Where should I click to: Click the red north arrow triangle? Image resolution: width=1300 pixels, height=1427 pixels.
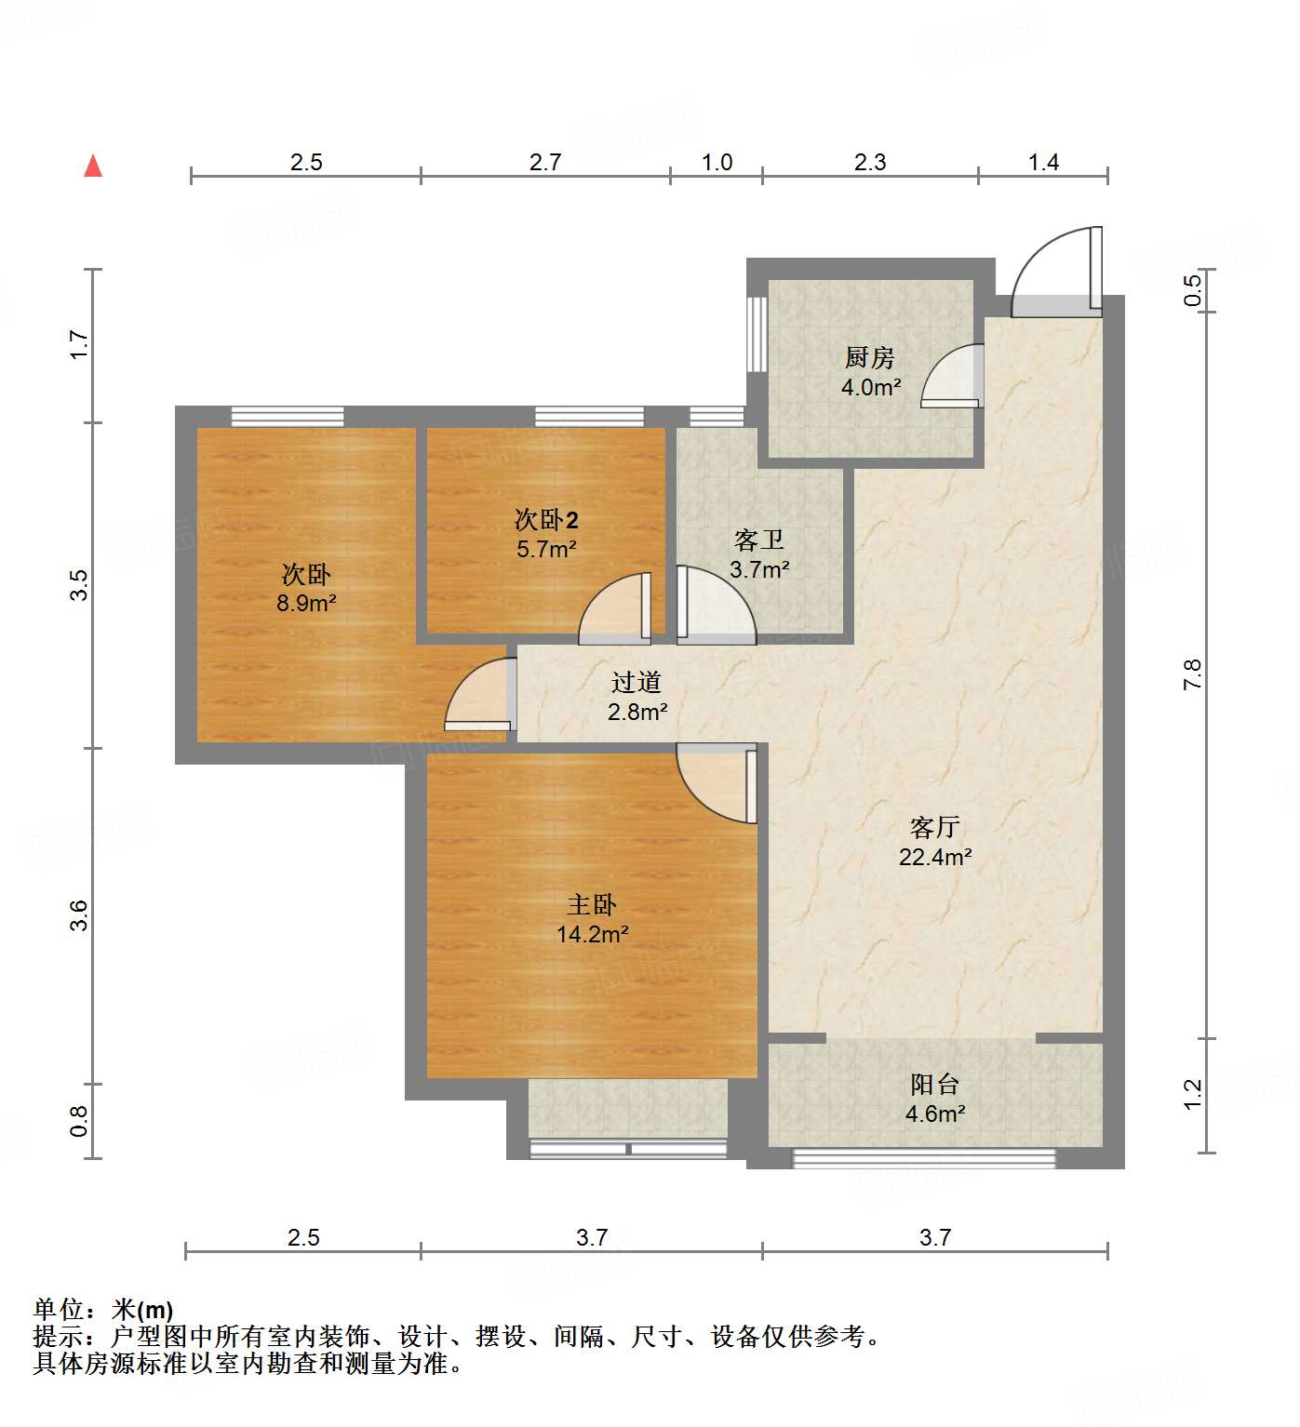(x=93, y=167)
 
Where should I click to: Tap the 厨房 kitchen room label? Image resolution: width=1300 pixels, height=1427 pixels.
(x=870, y=357)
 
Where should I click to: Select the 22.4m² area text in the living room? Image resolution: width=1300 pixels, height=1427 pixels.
(x=935, y=857)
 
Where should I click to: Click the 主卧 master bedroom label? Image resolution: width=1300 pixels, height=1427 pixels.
(x=592, y=904)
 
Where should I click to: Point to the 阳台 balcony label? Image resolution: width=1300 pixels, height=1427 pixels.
(x=934, y=1084)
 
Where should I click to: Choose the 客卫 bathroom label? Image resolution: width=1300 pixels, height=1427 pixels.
(x=758, y=540)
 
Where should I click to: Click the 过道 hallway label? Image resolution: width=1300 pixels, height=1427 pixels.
(x=637, y=683)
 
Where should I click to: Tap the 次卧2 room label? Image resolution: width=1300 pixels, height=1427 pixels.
(x=546, y=519)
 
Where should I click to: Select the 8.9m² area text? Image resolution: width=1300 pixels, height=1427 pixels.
(x=306, y=603)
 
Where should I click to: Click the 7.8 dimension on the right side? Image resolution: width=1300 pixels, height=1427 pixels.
(x=1192, y=674)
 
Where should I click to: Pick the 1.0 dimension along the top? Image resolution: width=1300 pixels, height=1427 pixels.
(x=717, y=163)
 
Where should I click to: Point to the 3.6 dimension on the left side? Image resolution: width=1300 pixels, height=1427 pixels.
(x=79, y=915)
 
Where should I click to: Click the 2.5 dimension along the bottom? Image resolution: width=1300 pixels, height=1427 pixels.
(x=303, y=1238)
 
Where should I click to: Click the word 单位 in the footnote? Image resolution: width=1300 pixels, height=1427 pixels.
(x=59, y=1310)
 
